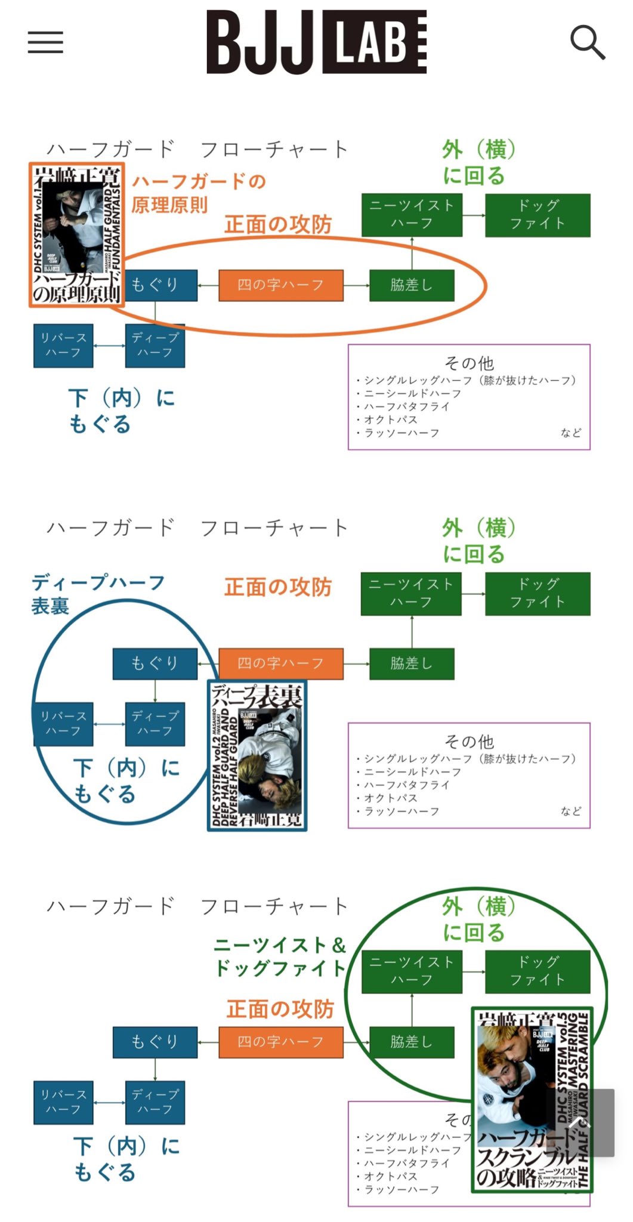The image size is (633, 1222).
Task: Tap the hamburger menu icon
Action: point(45,42)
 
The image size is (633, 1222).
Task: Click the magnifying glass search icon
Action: point(587,42)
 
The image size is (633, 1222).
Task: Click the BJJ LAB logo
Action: point(316,42)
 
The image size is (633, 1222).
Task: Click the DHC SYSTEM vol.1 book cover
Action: point(77,234)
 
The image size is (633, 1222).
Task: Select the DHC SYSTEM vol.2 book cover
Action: point(257,755)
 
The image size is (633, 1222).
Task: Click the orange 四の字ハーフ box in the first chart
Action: point(281,285)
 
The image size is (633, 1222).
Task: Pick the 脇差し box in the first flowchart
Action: point(412,285)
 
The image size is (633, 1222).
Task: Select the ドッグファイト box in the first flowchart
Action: point(538,215)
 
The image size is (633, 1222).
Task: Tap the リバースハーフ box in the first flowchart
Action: point(63,345)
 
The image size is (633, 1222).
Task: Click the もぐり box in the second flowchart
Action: point(155,664)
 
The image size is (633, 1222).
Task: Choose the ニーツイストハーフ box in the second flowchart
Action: point(411,594)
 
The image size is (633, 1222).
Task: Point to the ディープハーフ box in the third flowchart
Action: point(155,1102)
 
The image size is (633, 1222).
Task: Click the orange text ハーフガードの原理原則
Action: point(198,193)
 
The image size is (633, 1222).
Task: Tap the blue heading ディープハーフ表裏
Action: point(98,594)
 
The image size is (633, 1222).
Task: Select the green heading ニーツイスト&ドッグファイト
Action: point(280,956)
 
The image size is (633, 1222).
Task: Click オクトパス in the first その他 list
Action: point(391,419)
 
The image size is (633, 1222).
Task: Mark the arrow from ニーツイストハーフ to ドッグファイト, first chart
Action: point(474,215)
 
